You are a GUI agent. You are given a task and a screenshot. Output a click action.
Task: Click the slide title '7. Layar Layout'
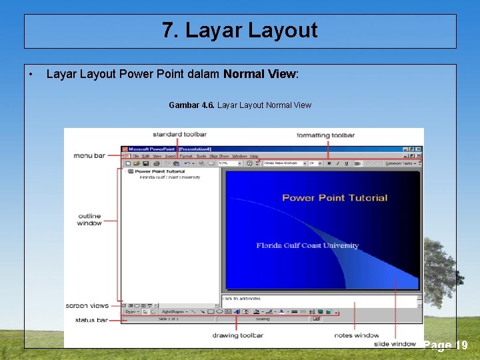click(240, 31)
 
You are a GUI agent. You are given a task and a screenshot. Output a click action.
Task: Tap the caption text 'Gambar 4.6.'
click(191, 105)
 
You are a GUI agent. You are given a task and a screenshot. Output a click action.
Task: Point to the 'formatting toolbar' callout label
click(325, 135)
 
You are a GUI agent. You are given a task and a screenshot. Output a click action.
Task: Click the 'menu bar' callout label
click(89, 155)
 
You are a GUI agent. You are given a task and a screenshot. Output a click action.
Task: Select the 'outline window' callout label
click(89, 219)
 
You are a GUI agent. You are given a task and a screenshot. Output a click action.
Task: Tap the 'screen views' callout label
click(87, 306)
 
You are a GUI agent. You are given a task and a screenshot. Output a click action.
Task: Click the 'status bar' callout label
click(91, 321)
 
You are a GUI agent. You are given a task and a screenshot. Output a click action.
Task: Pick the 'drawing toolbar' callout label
click(238, 335)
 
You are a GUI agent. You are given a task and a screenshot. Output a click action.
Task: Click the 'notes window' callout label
click(357, 335)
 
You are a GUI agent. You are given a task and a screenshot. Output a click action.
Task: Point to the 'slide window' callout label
click(395, 344)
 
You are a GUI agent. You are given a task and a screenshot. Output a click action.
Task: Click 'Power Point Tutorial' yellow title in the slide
click(335, 197)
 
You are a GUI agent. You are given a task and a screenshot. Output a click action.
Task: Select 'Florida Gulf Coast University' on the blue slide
click(307, 245)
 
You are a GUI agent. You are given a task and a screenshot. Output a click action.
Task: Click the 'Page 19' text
click(446, 345)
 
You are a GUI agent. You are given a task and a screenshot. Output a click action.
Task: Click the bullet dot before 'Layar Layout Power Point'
click(31, 74)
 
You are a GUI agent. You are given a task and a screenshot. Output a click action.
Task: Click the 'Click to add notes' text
click(241, 299)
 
